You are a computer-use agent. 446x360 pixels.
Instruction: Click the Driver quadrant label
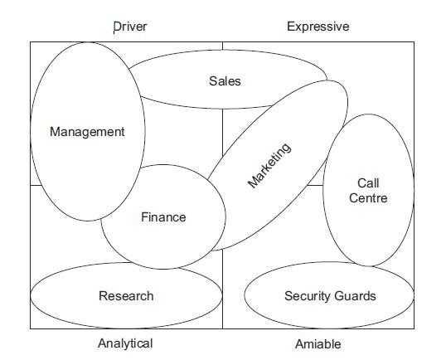point(130,27)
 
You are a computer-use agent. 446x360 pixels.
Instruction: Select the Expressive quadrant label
point(318,27)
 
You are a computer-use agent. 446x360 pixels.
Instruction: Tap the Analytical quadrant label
point(125,343)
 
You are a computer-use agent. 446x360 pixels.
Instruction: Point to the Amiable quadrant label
point(318,344)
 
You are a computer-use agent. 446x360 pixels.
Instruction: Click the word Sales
point(225,81)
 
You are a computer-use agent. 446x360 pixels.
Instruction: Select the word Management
point(87,132)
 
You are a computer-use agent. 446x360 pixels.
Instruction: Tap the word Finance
point(163,217)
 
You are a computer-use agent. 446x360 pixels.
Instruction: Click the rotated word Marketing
point(269,165)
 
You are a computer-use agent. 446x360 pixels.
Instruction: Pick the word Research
point(126,296)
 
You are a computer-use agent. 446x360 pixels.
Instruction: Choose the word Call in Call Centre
point(368,183)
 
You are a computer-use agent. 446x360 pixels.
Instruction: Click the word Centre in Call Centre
point(368,198)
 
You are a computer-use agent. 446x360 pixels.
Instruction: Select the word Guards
point(355,296)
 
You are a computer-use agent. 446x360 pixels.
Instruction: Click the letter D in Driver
point(117,27)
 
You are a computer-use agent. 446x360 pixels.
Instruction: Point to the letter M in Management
point(56,132)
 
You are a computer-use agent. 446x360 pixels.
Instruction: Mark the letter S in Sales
point(213,81)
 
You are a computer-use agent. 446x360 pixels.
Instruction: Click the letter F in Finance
point(145,217)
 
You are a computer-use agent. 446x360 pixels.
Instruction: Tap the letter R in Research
point(103,296)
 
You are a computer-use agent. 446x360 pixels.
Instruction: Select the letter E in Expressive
point(291,27)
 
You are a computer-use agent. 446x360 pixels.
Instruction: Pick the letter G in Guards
point(338,296)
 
